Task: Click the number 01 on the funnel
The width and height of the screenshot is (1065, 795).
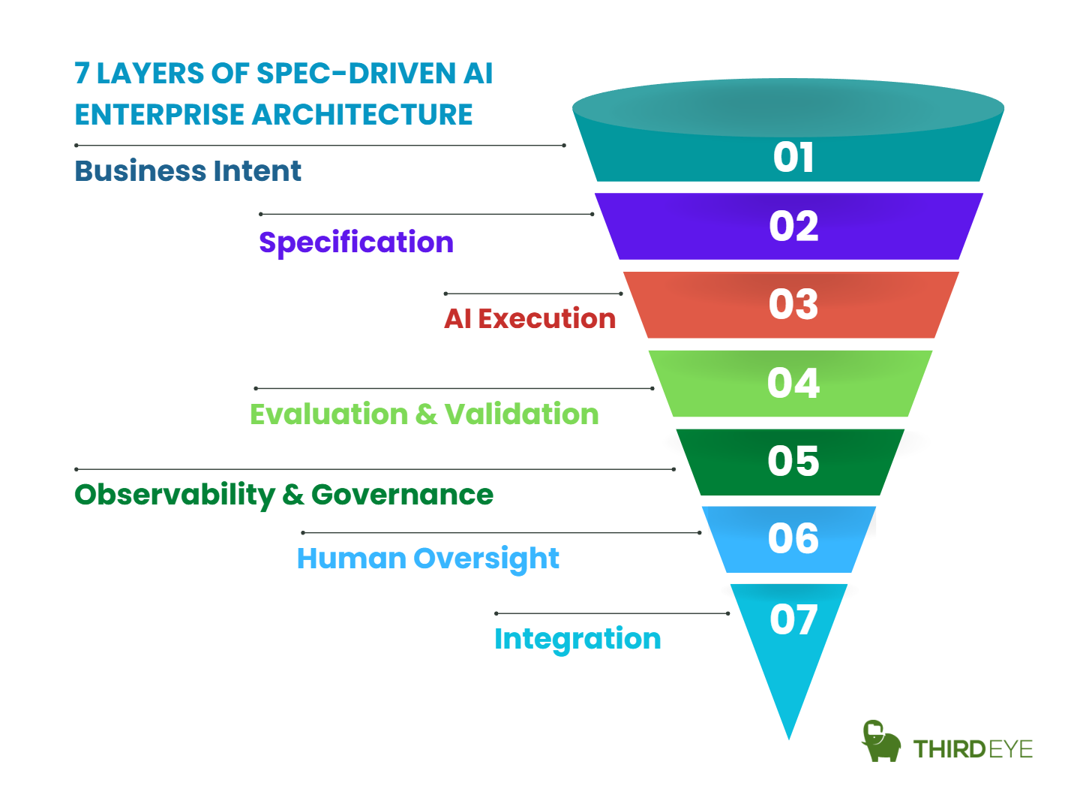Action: tap(793, 158)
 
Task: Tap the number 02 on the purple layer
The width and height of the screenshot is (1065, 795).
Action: tap(793, 226)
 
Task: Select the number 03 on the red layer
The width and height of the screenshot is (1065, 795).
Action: tap(793, 304)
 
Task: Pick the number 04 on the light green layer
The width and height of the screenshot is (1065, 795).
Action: tap(793, 383)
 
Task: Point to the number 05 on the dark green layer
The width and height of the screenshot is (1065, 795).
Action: tap(793, 461)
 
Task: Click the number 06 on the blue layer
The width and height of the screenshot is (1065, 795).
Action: tap(793, 538)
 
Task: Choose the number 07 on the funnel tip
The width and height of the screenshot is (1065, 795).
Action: tap(793, 620)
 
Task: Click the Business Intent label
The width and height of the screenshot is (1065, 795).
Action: tap(187, 171)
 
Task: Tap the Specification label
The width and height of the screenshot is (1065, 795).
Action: tap(356, 242)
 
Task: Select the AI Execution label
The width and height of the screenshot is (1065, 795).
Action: tap(529, 319)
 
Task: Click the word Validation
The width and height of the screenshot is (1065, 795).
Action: tap(521, 414)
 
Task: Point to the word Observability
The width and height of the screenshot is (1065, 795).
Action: tap(175, 495)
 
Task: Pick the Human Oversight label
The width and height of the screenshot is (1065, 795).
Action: tap(427, 559)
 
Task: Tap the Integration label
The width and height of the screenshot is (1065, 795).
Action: tap(577, 639)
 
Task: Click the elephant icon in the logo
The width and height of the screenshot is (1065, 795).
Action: tap(880, 742)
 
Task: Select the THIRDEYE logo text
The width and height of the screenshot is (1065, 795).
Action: tap(973, 749)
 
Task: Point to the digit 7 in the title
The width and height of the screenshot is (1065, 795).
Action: tap(82, 74)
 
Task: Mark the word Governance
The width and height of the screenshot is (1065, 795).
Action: tap(402, 495)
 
